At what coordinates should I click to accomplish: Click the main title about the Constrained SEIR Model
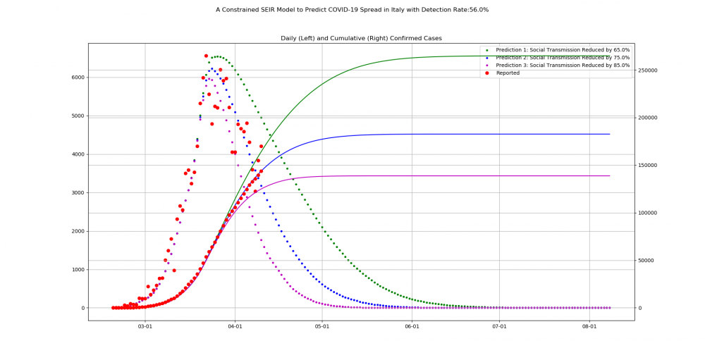[x=352, y=10]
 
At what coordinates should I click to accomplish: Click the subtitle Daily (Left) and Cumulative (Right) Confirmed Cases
[x=361, y=38]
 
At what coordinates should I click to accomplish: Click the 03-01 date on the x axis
[x=145, y=327]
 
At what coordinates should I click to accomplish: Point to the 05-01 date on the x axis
[x=322, y=327]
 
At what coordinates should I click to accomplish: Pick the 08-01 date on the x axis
[x=589, y=327]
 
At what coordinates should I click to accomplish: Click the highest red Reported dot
[x=206, y=56]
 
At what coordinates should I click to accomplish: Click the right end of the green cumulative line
[x=610, y=56]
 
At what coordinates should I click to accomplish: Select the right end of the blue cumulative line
[x=610, y=134]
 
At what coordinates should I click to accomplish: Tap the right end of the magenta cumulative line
[x=610, y=175]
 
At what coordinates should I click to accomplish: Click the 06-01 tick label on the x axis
[x=412, y=327]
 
